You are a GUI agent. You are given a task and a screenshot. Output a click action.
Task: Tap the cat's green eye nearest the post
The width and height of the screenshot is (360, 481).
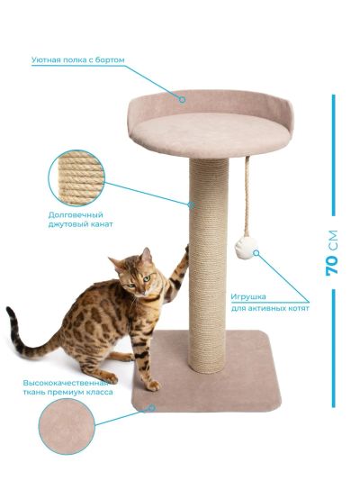coord(148,278)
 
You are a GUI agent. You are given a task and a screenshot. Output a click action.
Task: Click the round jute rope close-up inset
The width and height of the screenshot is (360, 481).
coord(76,178)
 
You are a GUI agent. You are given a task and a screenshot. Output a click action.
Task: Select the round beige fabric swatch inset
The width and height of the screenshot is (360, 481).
coord(67,426)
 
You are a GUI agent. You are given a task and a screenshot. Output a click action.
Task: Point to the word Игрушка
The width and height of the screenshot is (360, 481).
coord(248,297)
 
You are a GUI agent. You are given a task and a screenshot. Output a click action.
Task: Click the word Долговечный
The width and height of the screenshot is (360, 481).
coord(76,214)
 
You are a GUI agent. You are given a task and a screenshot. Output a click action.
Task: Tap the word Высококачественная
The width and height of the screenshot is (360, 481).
coord(66,383)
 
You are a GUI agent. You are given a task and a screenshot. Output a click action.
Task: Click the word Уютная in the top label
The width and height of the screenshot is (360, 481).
coord(46,59)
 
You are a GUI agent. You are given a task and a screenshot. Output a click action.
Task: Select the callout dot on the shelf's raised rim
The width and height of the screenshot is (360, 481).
coord(183,100)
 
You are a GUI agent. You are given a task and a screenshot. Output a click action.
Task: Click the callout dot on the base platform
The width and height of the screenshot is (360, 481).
coord(151,408)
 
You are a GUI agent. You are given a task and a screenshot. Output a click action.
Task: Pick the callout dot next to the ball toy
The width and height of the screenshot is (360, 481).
coord(256,253)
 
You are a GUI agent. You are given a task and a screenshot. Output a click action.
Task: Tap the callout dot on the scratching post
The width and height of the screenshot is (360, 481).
coord(191,204)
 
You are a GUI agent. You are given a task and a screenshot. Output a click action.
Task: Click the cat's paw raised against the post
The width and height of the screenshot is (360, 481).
coord(186,249)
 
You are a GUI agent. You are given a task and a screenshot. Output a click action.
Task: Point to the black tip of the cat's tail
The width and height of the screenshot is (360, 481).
coord(11,313)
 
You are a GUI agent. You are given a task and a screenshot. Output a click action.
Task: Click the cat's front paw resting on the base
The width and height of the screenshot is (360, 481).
coord(154,386)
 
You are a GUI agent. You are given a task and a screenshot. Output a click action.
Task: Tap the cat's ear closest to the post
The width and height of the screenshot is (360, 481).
coord(147,255)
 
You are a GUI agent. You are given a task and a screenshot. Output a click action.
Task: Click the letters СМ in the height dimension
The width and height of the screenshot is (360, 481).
coord(332,240)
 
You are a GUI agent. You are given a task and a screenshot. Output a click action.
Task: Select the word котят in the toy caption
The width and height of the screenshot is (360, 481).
coord(299,308)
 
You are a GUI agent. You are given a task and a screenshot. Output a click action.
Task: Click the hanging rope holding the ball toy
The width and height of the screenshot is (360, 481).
coord(247,196)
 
